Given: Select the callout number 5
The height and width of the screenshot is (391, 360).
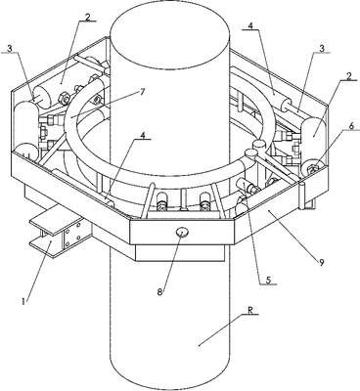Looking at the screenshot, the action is click(268, 280).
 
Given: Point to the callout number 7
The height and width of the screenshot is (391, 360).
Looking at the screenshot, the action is click(142, 92).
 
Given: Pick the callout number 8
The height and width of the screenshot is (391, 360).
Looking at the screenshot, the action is click(159, 292).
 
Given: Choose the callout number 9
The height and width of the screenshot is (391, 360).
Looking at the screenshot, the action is click(322, 262).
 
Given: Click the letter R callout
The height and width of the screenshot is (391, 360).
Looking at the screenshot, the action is click(249, 311).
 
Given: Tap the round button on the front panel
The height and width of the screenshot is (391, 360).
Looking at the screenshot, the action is click(182, 233).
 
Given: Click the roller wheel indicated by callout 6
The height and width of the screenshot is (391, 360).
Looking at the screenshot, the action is click(312, 167).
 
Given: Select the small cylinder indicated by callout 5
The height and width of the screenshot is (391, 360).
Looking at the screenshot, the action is click(247, 187).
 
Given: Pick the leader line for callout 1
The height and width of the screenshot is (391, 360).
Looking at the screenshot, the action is click(37, 270).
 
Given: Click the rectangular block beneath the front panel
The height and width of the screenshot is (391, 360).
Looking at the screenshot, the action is click(180, 252).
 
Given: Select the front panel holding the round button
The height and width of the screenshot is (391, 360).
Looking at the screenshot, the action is click(182, 232).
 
